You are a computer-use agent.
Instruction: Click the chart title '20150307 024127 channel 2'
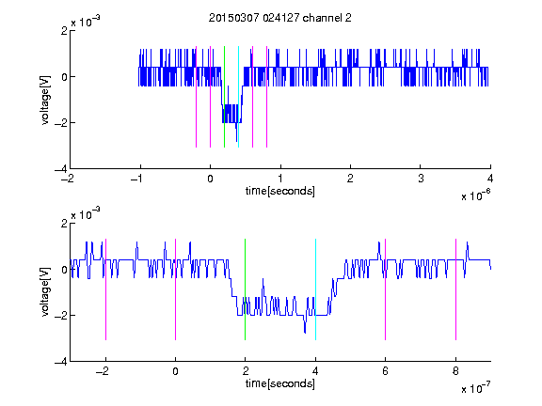click(x=280, y=18)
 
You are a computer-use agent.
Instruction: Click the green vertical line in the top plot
click(x=224, y=97)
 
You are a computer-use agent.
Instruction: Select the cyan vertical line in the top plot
click(x=238, y=97)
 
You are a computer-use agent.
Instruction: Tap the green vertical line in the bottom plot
click(x=245, y=289)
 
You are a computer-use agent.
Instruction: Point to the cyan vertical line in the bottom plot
click(x=315, y=289)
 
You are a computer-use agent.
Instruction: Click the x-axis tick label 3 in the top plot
click(x=421, y=179)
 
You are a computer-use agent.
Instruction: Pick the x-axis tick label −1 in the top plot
click(x=137, y=179)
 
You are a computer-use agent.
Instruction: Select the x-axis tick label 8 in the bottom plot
click(x=455, y=371)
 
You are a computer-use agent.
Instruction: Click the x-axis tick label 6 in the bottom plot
click(x=386, y=371)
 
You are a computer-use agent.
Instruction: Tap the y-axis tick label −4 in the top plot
click(x=61, y=169)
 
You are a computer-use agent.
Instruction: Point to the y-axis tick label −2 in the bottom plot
click(x=61, y=315)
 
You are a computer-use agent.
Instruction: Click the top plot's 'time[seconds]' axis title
click(x=280, y=191)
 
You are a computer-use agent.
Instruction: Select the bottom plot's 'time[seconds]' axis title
click(x=280, y=383)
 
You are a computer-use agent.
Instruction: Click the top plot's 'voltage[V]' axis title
click(x=45, y=101)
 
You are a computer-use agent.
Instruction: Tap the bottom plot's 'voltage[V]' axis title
click(x=45, y=292)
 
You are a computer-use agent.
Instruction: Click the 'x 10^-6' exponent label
click(x=475, y=195)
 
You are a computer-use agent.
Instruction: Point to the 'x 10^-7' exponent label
click(x=475, y=388)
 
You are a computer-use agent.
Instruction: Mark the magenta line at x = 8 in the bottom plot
click(x=455, y=289)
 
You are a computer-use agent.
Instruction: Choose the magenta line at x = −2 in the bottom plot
click(x=105, y=289)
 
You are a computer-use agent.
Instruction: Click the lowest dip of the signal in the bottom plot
click(x=305, y=333)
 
